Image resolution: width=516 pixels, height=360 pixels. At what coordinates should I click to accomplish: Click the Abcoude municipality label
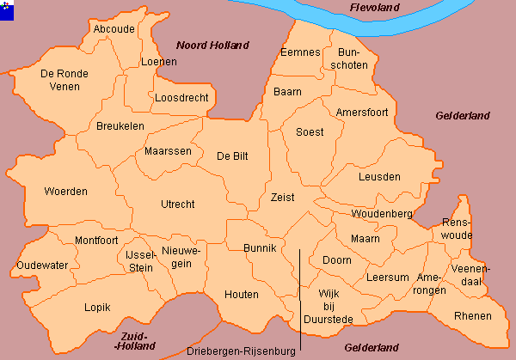pyautogui.click(x=114, y=28)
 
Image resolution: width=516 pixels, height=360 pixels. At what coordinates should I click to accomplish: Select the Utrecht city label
pyautogui.click(x=177, y=204)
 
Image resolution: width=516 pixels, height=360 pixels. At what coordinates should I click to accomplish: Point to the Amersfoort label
pyautogui.click(x=362, y=113)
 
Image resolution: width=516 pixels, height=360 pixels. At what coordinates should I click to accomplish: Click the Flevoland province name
pyautogui.click(x=376, y=8)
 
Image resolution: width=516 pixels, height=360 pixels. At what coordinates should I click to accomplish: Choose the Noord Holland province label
pyautogui.click(x=212, y=45)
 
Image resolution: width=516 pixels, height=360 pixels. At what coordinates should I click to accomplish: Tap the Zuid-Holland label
pyautogui.click(x=135, y=340)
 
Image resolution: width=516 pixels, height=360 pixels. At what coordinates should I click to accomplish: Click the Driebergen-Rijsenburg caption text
pyautogui.click(x=241, y=351)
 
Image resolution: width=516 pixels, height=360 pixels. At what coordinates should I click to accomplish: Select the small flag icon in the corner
pyautogui.click(x=8, y=8)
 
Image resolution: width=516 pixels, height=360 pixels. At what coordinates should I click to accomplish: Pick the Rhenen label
pyautogui.click(x=473, y=316)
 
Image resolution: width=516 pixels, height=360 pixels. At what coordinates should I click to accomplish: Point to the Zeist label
pyautogui.click(x=281, y=197)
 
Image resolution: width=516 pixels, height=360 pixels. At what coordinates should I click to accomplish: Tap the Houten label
pyautogui.click(x=241, y=295)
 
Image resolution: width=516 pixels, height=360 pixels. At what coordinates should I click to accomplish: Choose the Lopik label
pyautogui.click(x=97, y=307)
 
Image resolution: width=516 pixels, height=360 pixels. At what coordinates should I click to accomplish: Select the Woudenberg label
pyautogui.click(x=382, y=213)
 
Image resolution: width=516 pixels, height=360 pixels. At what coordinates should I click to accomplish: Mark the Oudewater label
pyautogui.click(x=42, y=265)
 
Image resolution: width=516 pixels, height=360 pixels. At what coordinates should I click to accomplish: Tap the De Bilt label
pyautogui.click(x=233, y=156)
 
